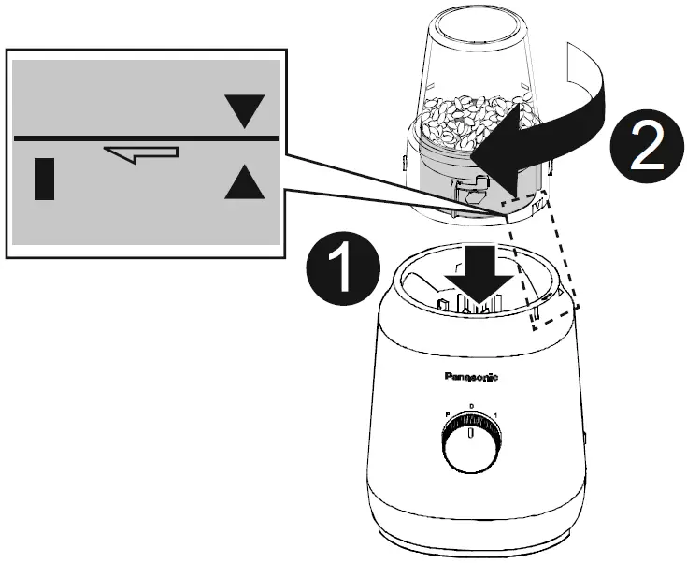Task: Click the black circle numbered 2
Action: pos(644,151)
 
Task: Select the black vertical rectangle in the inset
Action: pos(44,179)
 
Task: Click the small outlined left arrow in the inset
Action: pos(141,153)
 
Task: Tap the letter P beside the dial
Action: pos(447,415)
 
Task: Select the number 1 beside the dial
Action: pos(495,415)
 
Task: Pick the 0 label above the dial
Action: pos(471,406)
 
